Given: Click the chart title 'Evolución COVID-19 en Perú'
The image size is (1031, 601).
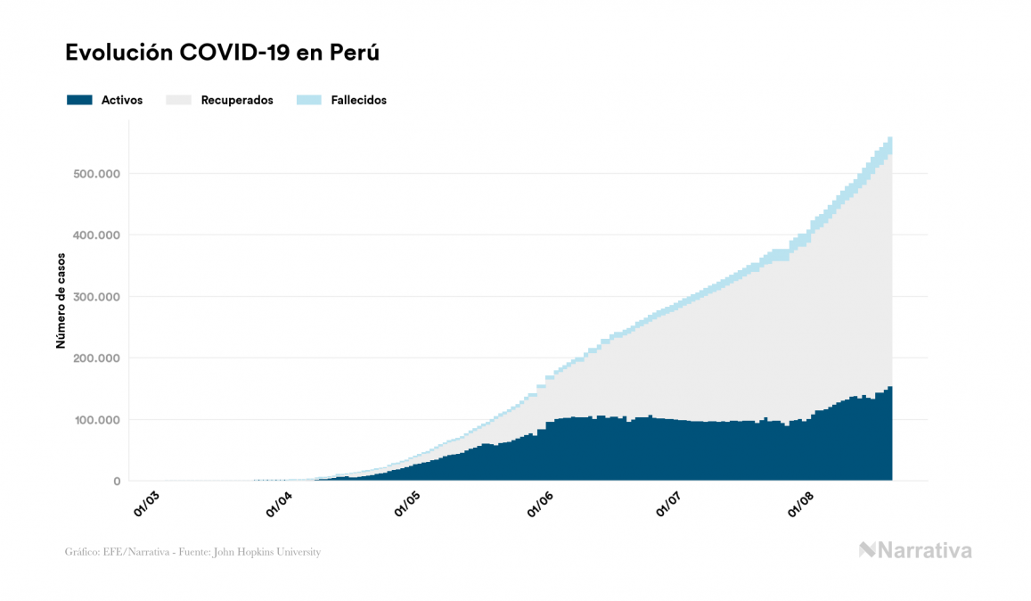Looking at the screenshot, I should pos(223,53).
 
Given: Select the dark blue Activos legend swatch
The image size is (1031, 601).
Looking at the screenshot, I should pos(79,100).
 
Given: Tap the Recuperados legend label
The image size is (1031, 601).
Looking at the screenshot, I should pos(237,100).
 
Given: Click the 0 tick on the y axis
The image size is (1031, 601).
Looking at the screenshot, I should pos(116,482).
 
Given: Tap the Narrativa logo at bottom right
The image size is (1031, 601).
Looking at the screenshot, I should pos(915,550).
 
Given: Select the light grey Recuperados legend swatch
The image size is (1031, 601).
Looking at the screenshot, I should pos(178,100).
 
